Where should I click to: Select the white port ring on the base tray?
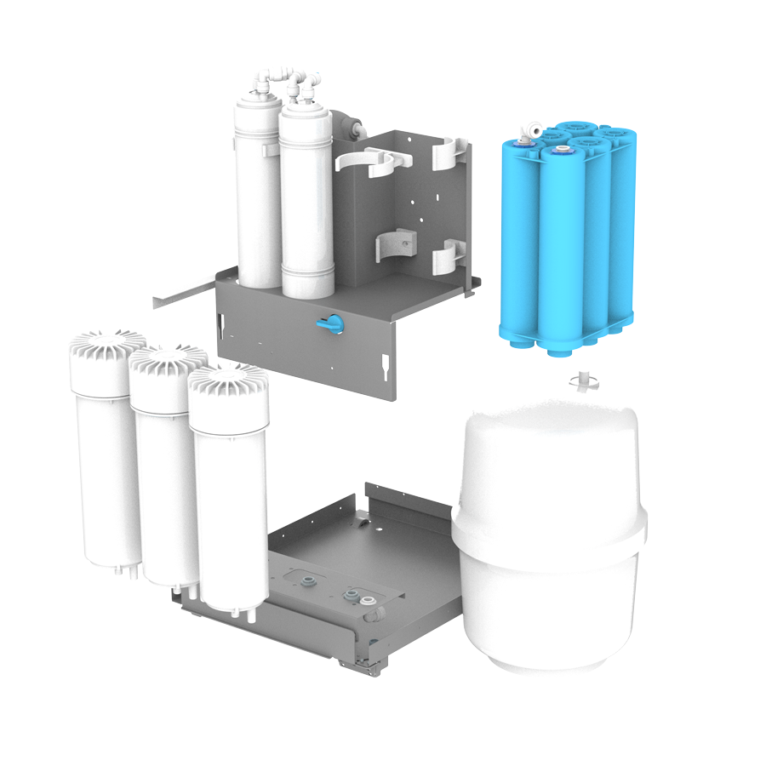[368, 601]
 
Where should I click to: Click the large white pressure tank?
[549, 536]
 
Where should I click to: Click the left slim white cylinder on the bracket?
[258, 196]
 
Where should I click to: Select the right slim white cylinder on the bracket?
[306, 204]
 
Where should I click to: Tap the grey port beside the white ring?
[349, 595]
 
